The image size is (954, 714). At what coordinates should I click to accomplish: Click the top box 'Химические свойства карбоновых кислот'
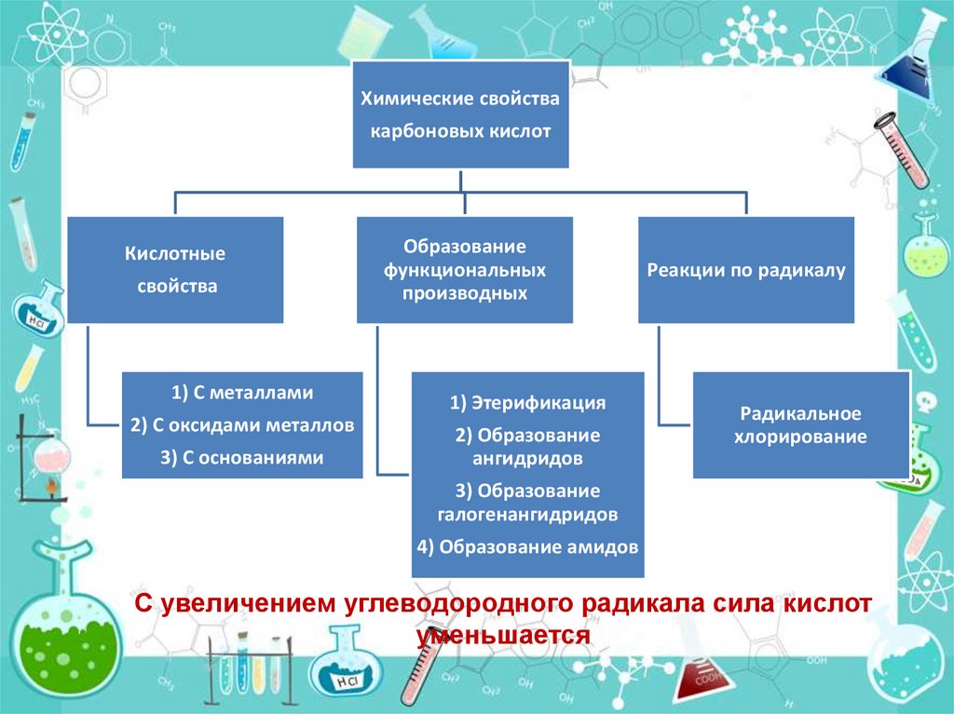click(x=461, y=115)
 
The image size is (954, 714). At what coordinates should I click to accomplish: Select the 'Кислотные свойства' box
click(x=176, y=270)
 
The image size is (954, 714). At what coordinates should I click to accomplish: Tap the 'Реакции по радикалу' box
click(x=745, y=270)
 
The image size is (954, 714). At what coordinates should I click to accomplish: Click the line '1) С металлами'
click(x=242, y=393)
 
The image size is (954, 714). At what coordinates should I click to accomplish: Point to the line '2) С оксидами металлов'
click(x=242, y=425)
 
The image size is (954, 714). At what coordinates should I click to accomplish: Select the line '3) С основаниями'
click(x=242, y=457)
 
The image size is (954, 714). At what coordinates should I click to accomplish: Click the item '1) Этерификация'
click(x=528, y=403)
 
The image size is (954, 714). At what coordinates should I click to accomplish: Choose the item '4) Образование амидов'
click(x=528, y=546)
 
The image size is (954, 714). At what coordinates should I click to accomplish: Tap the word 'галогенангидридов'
click(x=528, y=514)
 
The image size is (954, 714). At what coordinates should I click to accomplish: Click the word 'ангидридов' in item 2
click(x=528, y=458)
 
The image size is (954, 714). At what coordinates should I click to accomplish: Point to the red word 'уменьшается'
click(x=504, y=635)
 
